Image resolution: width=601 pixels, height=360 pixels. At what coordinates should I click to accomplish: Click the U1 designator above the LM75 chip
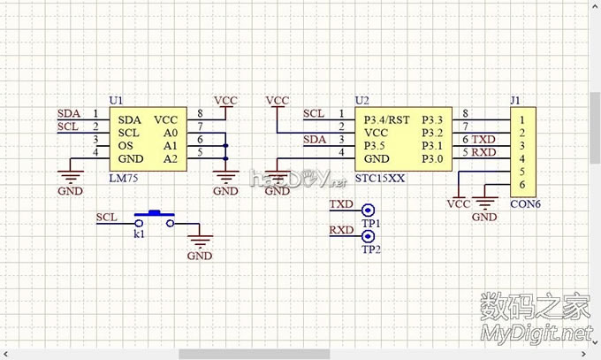[x=115, y=101]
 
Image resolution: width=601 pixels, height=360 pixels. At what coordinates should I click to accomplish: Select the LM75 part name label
[x=122, y=179]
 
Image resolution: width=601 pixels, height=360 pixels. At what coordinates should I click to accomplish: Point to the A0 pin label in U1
[x=171, y=132]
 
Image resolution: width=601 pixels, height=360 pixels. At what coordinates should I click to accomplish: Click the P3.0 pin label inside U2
[x=432, y=158]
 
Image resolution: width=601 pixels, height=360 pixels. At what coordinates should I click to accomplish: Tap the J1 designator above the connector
[x=516, y=101]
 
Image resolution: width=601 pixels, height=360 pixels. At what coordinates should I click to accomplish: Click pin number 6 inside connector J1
[x=523, y=184]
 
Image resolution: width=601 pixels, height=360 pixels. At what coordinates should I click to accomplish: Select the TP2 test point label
[x=370, y=250]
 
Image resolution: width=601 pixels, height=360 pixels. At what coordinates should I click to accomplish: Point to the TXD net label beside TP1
[x=340, y=205]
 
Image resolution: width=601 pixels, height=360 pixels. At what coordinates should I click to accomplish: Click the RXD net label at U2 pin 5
[x=483, y=152]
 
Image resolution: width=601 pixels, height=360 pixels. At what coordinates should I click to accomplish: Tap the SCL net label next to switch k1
[x=106, y=217]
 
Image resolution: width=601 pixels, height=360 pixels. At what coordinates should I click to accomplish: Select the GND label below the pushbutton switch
[x=200, y=256]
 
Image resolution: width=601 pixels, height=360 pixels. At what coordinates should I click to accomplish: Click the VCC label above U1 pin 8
[x=226, y=101]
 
